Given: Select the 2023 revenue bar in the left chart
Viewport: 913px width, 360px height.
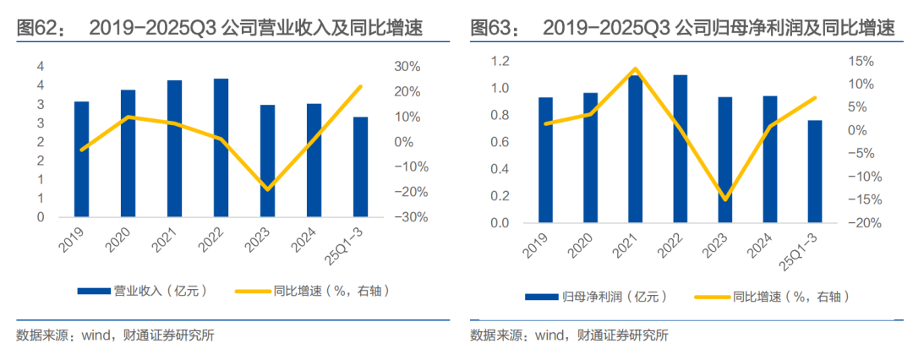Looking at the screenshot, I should (x=267, y=161).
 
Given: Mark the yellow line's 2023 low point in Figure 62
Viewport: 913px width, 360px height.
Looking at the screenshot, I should (x=268, y=188).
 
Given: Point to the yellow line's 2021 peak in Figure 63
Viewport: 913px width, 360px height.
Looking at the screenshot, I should (x=636, y=68).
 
